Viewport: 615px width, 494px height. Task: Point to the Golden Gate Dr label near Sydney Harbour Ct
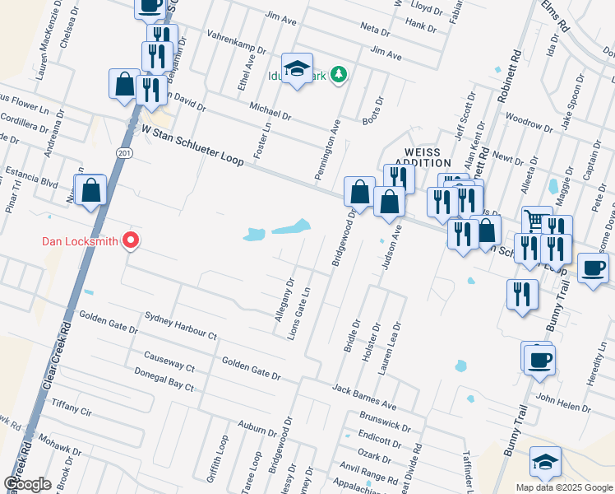tap(107, 323)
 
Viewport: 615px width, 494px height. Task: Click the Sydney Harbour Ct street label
tap(179, 326)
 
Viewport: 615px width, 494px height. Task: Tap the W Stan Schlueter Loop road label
tap(193, 146)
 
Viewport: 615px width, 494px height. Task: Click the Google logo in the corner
tap(27, 484)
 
